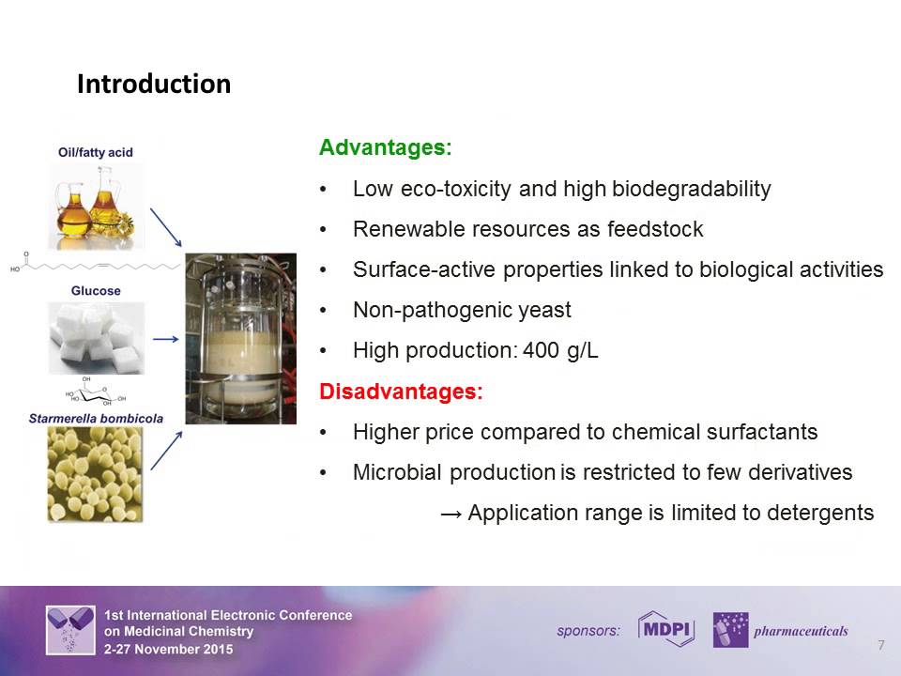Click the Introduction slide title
click(153, 84)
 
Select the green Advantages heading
click(385, 148)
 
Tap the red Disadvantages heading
click(401, 392)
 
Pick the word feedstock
click(657, 229)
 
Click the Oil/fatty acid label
click(95, 153)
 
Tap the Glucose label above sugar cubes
click(96, 291)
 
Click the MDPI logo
click(665, 630)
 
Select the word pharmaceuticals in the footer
click(801, 631)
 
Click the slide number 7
click(880, 645)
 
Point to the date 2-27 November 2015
click(169, 649)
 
